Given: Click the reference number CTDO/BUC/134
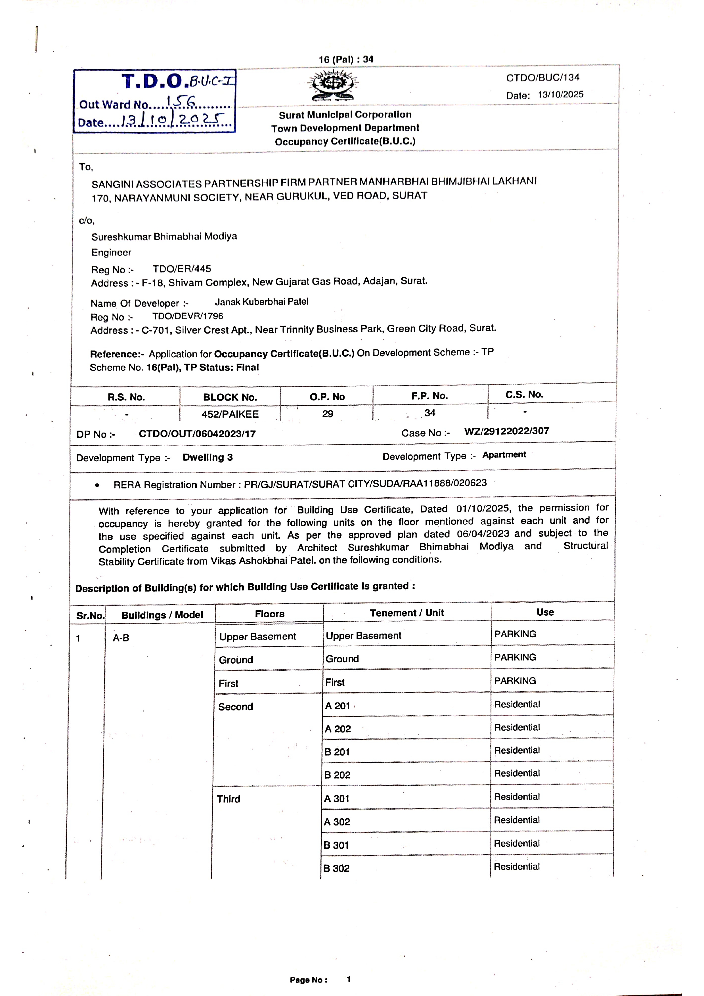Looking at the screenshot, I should tap(543, 78).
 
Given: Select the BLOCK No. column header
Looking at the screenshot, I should tap(230, 397).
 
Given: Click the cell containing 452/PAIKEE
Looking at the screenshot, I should tap(230, 414).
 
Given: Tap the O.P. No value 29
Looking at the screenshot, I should tap(328, 413).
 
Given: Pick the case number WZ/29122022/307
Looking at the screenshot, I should tap(507, 431).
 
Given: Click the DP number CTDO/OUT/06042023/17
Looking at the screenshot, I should tap(197, 434).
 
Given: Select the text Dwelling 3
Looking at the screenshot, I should tap(207, 457).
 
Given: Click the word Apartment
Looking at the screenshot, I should tap(504, 455).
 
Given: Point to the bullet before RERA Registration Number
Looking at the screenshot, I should tap(97, 485).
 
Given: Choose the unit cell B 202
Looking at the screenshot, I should tap(337, 775).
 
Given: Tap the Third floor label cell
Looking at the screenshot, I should tap(229, 799).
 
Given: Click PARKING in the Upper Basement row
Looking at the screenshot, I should tap(515, 634).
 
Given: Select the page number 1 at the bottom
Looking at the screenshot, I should tap(348, 979).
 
